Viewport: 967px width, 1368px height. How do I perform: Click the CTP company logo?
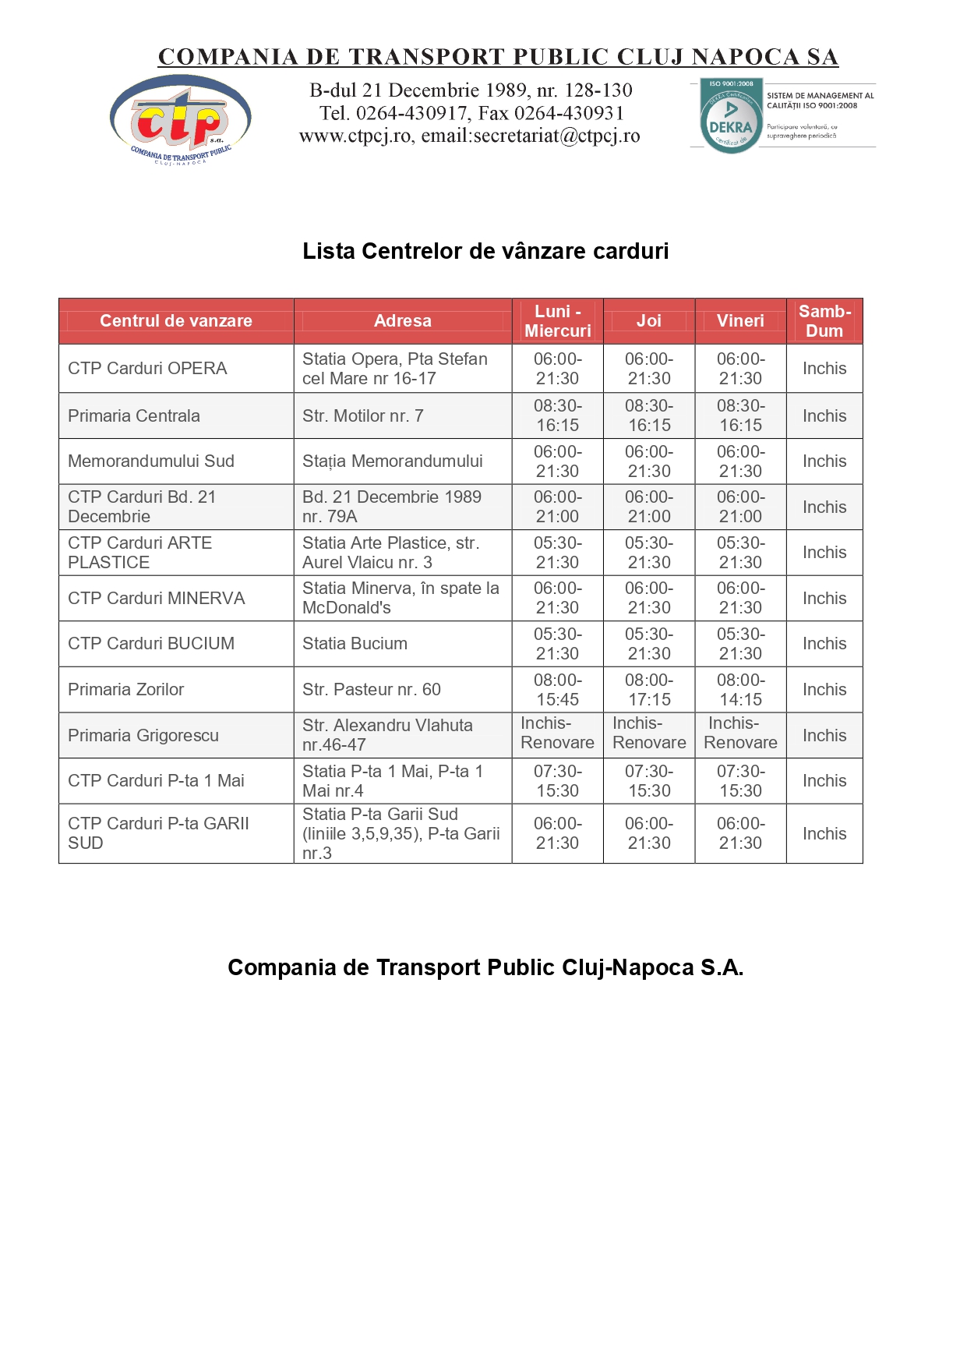coord(181,119)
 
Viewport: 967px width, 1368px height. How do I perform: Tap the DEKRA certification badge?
coord(730,116)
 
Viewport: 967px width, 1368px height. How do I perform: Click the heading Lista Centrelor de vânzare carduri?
coord(485,251)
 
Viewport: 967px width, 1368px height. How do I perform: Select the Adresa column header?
coord(402,321)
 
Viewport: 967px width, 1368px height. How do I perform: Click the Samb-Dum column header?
coord(824,321)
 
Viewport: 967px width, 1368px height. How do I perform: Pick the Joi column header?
coord(648,321)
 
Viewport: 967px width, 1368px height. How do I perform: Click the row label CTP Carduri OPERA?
coord(147,369)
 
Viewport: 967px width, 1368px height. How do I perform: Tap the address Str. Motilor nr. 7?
coord(362,416)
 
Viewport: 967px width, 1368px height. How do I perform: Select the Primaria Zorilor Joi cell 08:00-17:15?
coord(649,690)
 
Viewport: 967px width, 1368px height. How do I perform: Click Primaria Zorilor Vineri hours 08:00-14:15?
coord(740,690)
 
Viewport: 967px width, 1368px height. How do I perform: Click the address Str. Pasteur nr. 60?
coord(371,690)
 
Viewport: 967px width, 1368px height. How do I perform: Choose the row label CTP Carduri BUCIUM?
coord(151,644)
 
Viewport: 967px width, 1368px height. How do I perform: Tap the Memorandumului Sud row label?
coord(151,461)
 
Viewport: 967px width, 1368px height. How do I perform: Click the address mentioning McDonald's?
coord(401,599)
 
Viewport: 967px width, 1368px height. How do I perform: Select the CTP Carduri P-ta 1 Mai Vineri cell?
coord(740,781)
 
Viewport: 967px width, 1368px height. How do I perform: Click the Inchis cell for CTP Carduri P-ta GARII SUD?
coord(824,834)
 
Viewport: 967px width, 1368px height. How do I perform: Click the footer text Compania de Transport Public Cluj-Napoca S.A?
coord(485,968)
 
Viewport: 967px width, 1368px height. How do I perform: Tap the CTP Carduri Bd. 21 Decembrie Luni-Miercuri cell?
coord(557,507)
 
